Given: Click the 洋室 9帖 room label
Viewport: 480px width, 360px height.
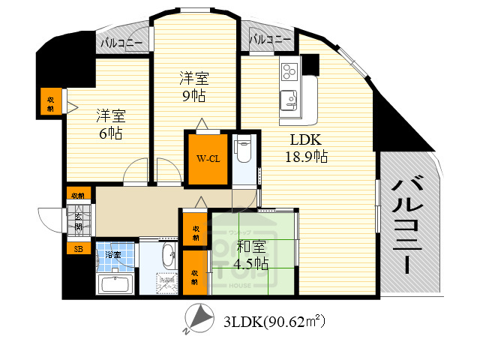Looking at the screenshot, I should [x=193, y=86].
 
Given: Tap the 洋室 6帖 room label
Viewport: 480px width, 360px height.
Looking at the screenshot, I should [x=110, y=124].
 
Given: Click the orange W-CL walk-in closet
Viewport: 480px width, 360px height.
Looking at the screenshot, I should [x=208, y=159].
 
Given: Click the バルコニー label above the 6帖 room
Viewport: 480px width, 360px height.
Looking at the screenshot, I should [x=122, y=43].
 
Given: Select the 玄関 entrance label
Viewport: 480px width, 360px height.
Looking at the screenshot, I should [x=79, y=222].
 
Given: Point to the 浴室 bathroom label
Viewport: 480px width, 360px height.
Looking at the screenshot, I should [x=113, y=255].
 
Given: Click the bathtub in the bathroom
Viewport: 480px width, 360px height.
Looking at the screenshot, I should [x=115, y=285].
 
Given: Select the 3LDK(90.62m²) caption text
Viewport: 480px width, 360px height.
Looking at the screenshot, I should [x=274, y=322].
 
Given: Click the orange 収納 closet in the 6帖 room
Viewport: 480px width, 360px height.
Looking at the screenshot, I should [x=50, y=101].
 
